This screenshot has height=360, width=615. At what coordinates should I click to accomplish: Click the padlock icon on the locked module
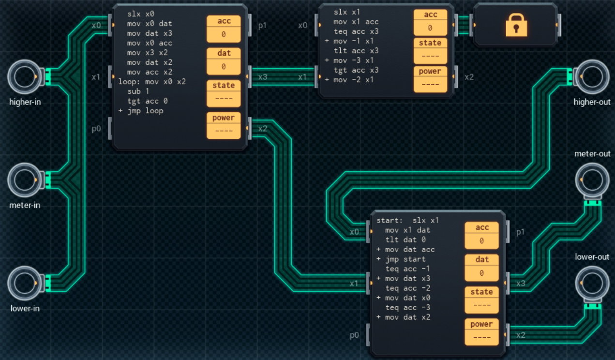pos(515,25)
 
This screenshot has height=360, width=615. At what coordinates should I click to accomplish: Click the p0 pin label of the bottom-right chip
pos(355,335)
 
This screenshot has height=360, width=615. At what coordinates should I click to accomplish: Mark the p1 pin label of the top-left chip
pos(262,25)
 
